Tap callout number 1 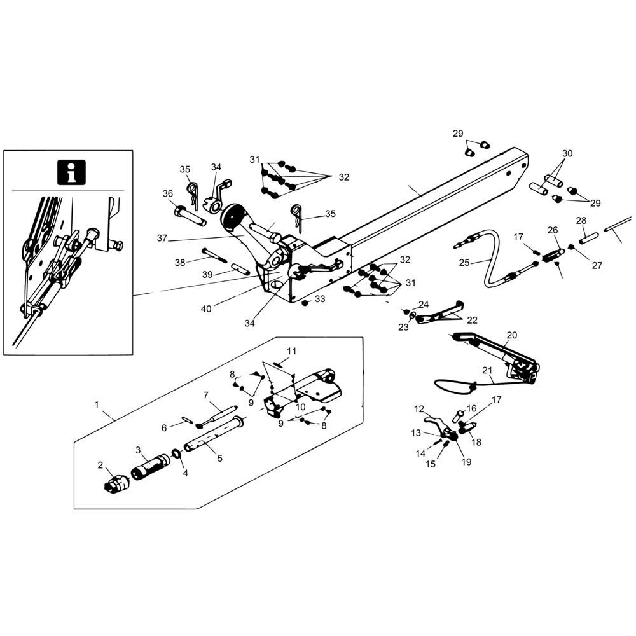coord(97,404)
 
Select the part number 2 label coord(100,465)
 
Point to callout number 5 coord(219,458)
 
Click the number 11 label coord(292,350)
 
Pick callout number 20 coord(512,335)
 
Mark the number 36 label coord(168,193)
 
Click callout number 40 coord(206,309)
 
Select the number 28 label coord(581,220)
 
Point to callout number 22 coord(472,320)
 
